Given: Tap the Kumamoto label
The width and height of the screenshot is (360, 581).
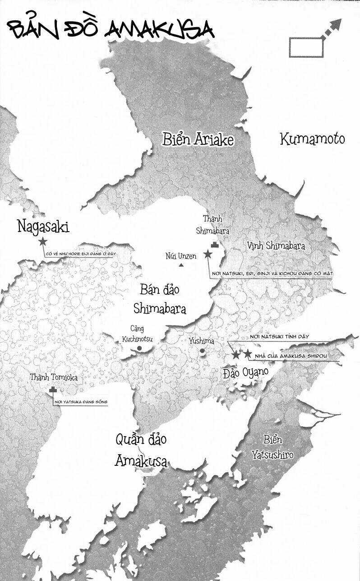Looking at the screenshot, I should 312,139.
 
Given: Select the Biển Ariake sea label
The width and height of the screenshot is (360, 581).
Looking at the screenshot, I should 198,140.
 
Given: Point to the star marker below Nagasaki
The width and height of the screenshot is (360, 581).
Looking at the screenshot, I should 43,242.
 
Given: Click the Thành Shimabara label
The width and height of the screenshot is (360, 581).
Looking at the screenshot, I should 212,225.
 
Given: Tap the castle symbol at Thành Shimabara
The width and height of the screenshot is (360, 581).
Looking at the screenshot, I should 214,245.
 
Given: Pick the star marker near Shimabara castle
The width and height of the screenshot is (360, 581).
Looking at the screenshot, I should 208,255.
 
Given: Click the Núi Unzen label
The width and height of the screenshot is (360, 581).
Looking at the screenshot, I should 181,256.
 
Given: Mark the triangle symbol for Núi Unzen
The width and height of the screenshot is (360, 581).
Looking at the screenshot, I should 181,265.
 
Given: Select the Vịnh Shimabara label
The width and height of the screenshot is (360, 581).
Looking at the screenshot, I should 276,246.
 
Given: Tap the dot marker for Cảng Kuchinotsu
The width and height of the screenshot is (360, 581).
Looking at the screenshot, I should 139,348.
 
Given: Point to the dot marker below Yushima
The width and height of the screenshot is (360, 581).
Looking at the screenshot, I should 202,351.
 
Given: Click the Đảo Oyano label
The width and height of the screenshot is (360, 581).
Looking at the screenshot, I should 246,372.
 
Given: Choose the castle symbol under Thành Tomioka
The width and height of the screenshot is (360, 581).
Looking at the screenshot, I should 54,390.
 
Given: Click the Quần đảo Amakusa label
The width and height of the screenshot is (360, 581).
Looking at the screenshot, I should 141,450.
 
